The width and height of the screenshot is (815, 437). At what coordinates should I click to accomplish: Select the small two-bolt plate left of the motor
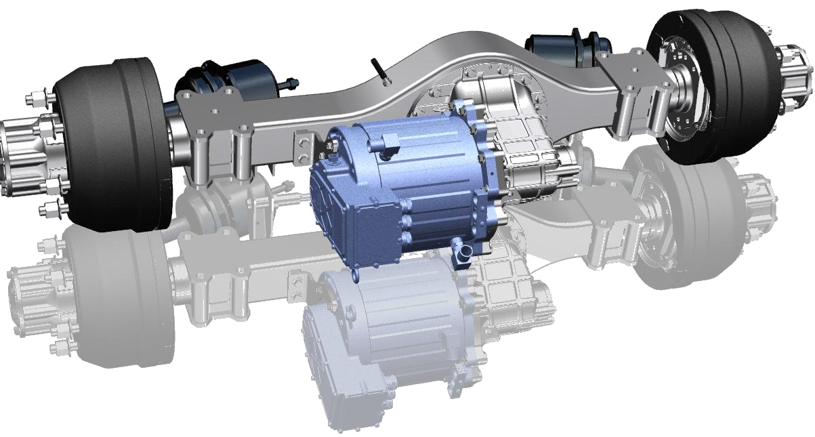[x=306, y=146]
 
